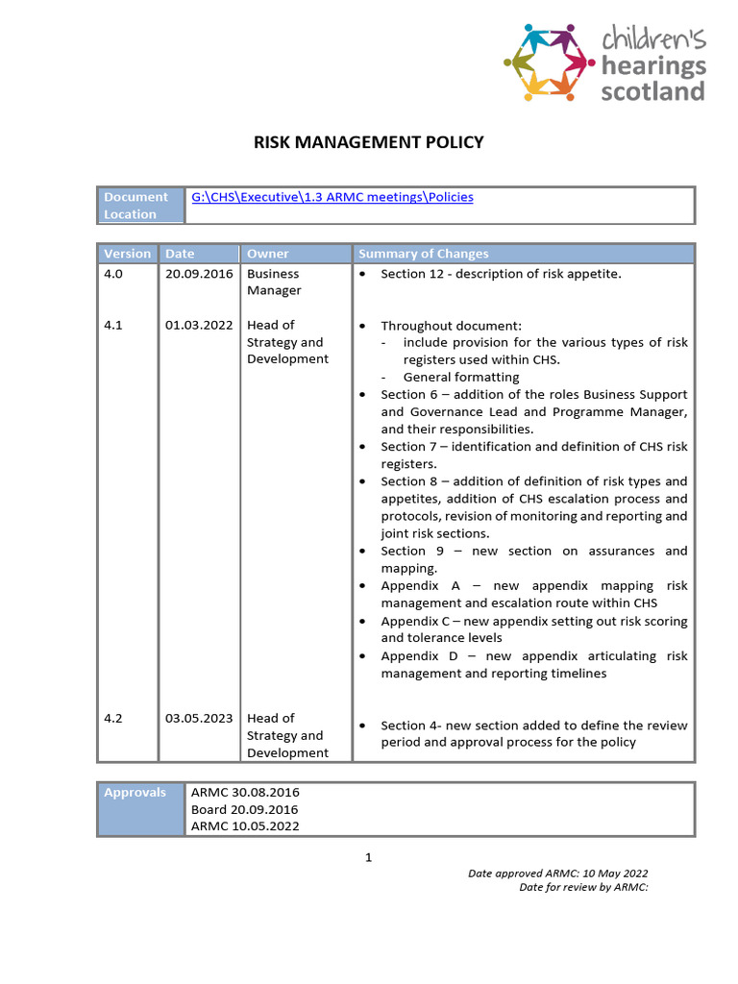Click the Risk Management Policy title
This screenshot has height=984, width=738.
tap(368, 143)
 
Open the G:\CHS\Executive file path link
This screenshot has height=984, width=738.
tap(332, 197)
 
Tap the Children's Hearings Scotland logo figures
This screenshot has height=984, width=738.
tap(544, 61)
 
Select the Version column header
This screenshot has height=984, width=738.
tap(128, 254)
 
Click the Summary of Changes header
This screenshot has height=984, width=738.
tap(423, 254)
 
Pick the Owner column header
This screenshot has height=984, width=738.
tap(267, 254)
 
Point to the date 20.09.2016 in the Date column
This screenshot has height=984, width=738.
tap(198, 274)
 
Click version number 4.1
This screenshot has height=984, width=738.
tap(113, 325)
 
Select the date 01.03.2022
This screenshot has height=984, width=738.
tap(198, 325)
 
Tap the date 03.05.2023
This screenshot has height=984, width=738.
tap(198, 718)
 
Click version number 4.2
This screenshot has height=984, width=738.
tap(113, 718)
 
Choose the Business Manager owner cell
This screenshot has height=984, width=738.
tap(274, 282)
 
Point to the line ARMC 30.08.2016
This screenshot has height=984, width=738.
tap(245, 792)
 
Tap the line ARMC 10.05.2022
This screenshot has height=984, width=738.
tap(245, 826)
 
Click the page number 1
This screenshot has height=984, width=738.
tap(368, 857)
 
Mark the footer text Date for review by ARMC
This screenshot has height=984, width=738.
tap(583, 887)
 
